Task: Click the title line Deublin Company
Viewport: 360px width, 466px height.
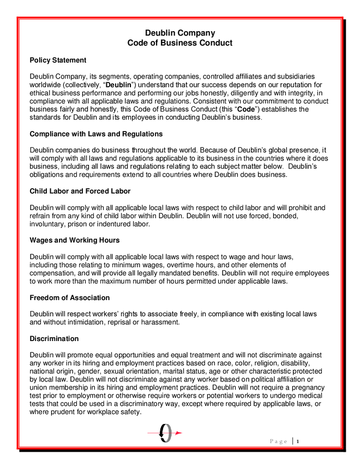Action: tap(180, 33)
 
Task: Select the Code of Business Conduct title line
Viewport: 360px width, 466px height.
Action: tap(180, 43)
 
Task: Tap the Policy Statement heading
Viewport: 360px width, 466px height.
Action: tap(58, 60)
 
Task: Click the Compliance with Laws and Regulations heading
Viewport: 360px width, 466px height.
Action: tap(96, 134)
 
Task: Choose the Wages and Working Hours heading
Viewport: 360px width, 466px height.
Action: tap(74, 240)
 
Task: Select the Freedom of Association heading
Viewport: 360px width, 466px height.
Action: tap(70, 297)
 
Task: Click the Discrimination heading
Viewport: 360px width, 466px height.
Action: tap(54, 339)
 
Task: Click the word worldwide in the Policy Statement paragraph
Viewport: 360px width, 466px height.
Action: tap(46, 85)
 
